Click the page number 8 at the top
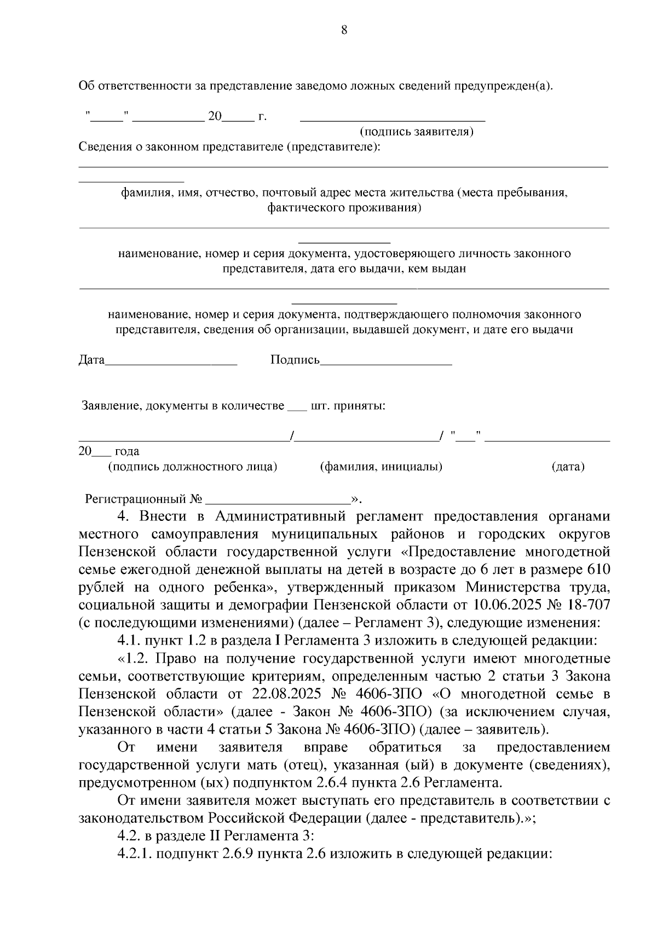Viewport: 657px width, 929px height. coord(344,31)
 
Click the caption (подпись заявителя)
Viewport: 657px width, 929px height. coord(416,132)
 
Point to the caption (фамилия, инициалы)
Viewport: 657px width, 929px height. coord(381,467)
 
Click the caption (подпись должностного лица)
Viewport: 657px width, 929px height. coord(193,467)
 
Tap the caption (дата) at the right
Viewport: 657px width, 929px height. coord(568,467)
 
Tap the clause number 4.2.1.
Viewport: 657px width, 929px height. coord(135,853)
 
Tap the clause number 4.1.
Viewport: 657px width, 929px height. coord(129,640)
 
